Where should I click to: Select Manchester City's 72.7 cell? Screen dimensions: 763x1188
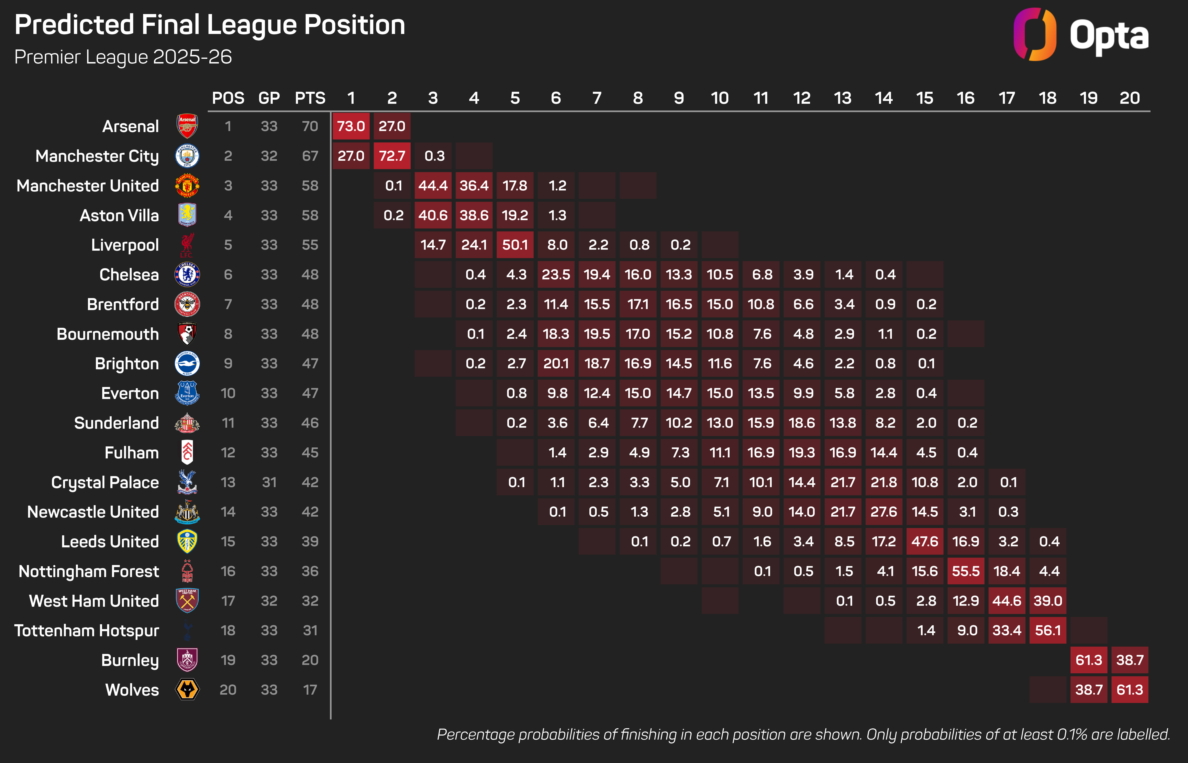click(392, 156)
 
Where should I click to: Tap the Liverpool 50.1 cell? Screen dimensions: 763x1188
click(515, 245)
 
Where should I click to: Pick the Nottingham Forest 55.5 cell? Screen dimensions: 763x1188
click(965, 571)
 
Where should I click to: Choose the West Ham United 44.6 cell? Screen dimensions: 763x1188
click(1007, 601)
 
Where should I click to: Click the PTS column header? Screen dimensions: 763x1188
click(310, 98)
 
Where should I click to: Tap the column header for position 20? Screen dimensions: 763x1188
click(1130, 98)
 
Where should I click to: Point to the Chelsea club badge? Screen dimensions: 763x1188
click(187, 274)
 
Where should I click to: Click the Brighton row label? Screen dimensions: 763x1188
click(127, 364)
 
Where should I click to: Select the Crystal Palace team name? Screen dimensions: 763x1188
click(105, 482)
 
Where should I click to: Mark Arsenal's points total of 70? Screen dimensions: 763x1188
click(310, 126)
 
